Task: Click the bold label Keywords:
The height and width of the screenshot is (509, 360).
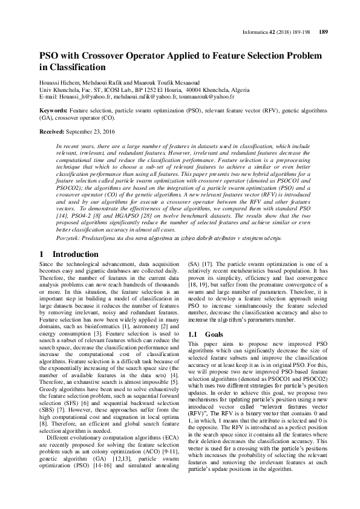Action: tap(53, 112)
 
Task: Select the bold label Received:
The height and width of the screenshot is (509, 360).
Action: tap(52, 131)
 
